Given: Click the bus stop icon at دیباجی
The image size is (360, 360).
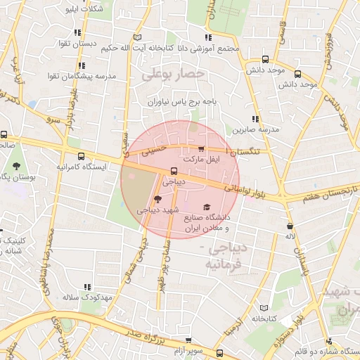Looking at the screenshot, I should click(174, 171).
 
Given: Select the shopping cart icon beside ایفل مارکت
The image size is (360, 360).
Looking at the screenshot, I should click(202, 149).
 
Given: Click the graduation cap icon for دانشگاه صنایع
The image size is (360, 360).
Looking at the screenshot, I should click(206, 207).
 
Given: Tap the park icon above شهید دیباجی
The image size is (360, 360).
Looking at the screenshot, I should click(156, 200).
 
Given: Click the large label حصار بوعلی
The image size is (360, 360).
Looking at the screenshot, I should click(173, 73).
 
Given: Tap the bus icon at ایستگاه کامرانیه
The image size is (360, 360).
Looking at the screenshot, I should click(82, 157).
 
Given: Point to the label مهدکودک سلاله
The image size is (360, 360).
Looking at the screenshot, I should click(89, 298).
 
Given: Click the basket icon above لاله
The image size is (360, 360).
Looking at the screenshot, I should click(290, 226).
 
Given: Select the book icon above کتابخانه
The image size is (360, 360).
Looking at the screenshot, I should click(264, 308).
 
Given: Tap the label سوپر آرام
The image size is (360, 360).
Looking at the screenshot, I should click(190, 349).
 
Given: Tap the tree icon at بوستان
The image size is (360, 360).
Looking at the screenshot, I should click(15, 167).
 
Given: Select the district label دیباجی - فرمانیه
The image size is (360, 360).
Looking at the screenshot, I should click(224, 257).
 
